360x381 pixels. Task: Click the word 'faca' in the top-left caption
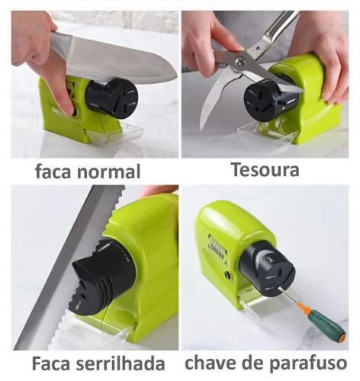[53, 171]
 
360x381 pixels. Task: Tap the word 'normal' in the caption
[109, 171]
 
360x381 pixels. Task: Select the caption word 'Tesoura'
[265, 170]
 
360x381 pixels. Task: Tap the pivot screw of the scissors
[239, 60]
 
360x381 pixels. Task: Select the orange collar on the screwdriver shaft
[304, 306]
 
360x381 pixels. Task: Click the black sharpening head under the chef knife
[112, 98]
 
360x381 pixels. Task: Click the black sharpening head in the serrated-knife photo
[104, 277]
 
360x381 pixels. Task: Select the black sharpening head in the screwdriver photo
[267, 270]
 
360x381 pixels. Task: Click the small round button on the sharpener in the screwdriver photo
[227, 274]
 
